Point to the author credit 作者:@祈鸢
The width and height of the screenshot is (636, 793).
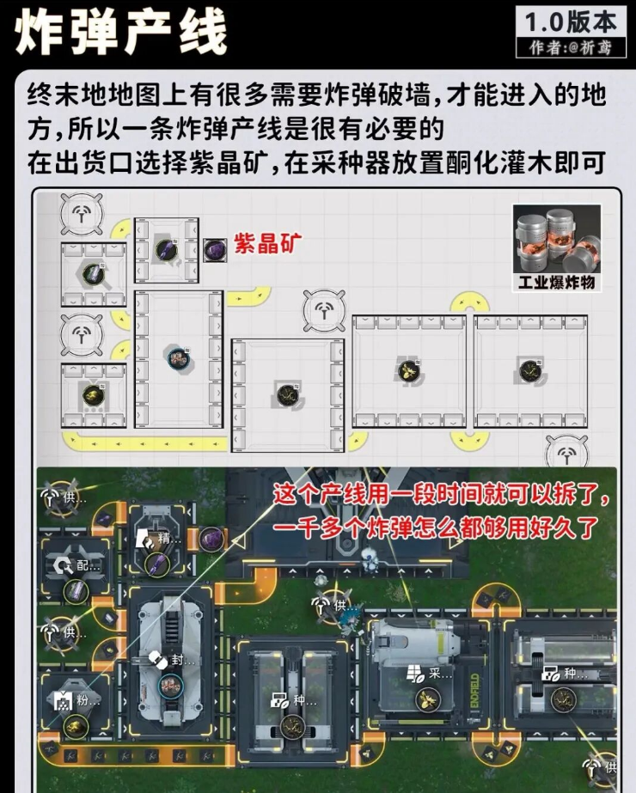click(567, 48)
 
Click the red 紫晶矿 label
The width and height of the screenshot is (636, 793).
click(269, 244)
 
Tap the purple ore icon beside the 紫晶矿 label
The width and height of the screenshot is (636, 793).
click(214, 250)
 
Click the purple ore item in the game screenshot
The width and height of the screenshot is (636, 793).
click(211, 540)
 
